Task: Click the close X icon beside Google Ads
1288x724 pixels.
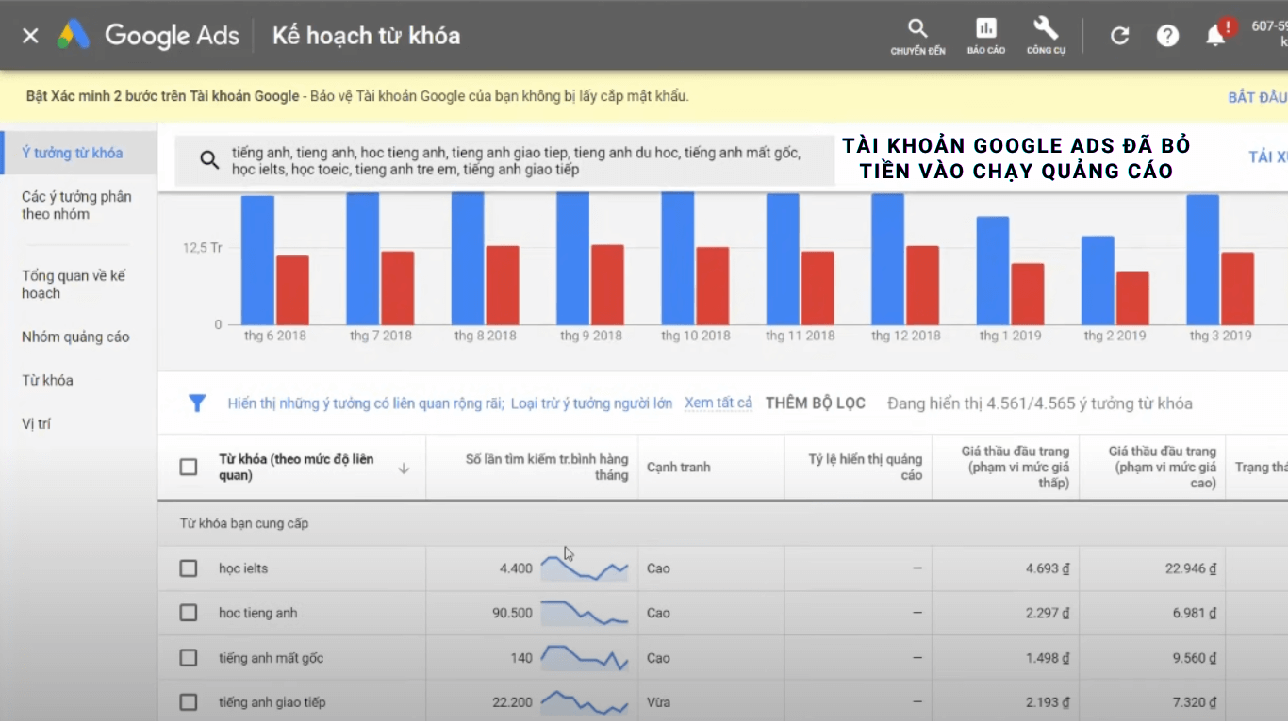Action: click(x=30, y=36)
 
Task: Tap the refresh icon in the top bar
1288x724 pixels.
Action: click(x=1119, y=36)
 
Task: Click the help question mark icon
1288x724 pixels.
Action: click(x=1167, y=36)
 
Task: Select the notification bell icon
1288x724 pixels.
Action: click(x=1216, y=36)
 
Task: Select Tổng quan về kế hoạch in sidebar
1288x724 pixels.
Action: click(x=74, y=285)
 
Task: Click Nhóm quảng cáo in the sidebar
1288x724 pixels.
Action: click(x=75, y=337)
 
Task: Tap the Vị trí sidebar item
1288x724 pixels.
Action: click(x=37, y=424)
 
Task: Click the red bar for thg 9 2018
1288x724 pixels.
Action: click(x=607, y=285)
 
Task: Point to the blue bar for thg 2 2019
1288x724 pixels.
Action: click(x=1098, y=280)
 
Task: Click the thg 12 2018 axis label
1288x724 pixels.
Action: click(x=906, y=336)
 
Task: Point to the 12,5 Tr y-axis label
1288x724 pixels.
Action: click(x=203, y=248)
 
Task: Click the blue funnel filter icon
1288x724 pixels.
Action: click(x=197, y=403)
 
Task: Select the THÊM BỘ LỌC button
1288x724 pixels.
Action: click(x=815, y=403)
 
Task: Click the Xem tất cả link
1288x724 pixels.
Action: click(x=718, y=403)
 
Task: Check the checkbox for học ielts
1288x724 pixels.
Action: click(x=189, y=568)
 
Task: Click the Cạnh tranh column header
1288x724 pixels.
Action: click(x=679, y=468)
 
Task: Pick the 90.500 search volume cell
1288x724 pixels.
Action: click(x=512, y=613)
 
